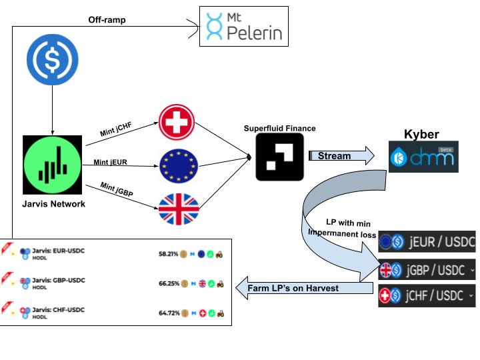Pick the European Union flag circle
(178, 165)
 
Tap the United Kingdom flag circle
(178, 208)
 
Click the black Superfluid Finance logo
(279, 157)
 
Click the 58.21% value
(169, 254)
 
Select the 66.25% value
(169, 283)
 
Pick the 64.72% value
(169, 312)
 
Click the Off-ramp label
(107, 19)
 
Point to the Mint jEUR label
(110, 162)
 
